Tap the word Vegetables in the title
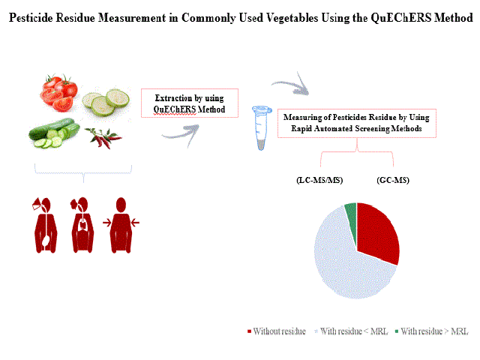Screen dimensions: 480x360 pyautogui.click(x=292, y=18)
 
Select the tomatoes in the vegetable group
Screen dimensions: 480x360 pyautogui.click(x=58, y=92)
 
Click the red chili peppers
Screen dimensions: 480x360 pyautogui.click(x=103, y=138)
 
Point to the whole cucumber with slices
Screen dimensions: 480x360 pyautogui.click(x=54, y=133)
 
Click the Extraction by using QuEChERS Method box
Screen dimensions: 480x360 pyautogui.click(x=190, y=103)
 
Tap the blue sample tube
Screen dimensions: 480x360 pyautogui.click(x=262, y=127)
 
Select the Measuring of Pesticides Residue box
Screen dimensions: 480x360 pyautogui.click(x=357, y=123)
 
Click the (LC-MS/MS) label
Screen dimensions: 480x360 pyautogui.click(x=319, y=180)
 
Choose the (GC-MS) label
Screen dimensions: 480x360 pyautogui.click(x=393, y=180)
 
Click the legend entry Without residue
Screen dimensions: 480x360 pyautogui.click(x=277, y=331)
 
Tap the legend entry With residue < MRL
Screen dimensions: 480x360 pyautogui.click(x=351, y=331)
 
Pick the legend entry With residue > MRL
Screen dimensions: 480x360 pyautogui.click(x=432, y=331)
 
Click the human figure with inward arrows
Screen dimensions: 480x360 pyautogui.click(x=121, y=225)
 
